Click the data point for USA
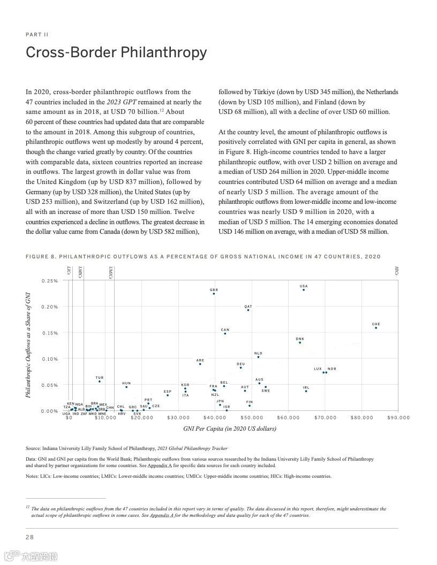click(x=304, y=289)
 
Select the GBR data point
click(x=214, y=293)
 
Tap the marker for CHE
click(x=376, y=327)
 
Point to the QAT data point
click(x=248, y=310)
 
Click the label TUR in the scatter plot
click(x=100, y=378)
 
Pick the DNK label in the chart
click(x=300, y=339)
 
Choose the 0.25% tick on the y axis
click(x=50, y=281)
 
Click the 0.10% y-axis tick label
click(x=50, y=359)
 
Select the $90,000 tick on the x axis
click(x=398, y=417)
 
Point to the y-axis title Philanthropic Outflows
click(x=28, y=345)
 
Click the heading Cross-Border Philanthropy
click(x=116, y=53)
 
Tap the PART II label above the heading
click(x=37, y=35)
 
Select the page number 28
click(x=30, y=537)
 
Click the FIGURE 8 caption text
click(x=203, y=256)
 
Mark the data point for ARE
click(x=200, y=364)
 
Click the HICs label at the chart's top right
click(x=396, y=271)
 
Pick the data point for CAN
click(x=225, y=333)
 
